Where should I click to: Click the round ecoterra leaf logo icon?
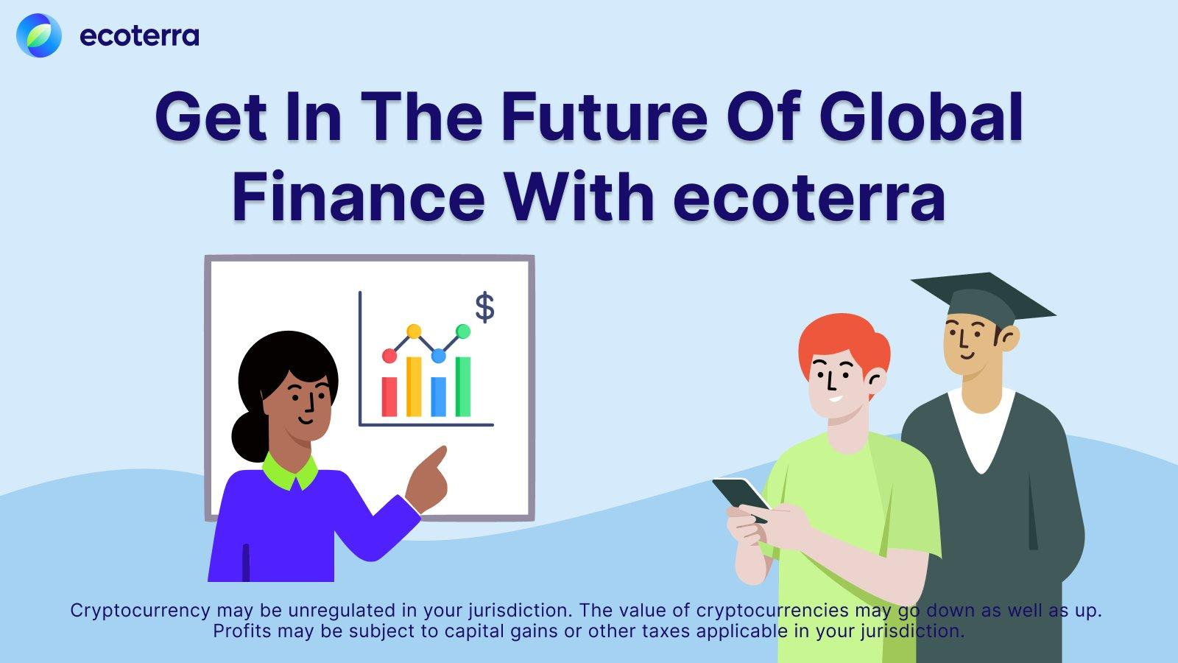click(39, 35)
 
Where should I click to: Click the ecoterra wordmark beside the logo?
click(139, 36)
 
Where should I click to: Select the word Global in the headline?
click(921, 117)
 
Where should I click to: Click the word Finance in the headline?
click(358, 196)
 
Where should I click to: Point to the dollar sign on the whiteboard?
click(485, 307)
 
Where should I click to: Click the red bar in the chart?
click(389, 396)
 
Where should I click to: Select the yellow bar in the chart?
click(414, 387)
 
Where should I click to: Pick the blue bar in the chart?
click(439, 396)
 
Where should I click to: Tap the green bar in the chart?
click(463, 387)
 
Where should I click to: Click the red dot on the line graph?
click(389, 357)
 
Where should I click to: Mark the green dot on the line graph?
click(463, 331)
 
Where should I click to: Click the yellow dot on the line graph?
click(414, 331)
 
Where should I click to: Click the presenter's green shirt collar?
click(290, 471)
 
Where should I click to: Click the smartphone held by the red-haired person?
click(741, 499)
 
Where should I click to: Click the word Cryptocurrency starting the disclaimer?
click(141, 611)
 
